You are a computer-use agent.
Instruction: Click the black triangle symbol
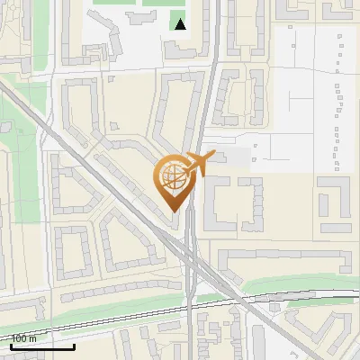pyautogui.click(x=181, y=24)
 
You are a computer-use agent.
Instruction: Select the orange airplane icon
pyautogui.click(x=199, y=162)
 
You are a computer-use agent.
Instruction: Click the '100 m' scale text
pyautogui.click(x=24, y=339)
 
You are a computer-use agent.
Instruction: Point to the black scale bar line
pyautogui.click(x=42, y=346)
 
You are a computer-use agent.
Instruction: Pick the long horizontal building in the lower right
pyautogui.click(x=283, y=258)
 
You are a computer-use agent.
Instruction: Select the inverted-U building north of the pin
pyautogui.click(x=180, y=108)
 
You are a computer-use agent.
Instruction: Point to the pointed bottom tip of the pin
pyautogui.click(x=174, y=210)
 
